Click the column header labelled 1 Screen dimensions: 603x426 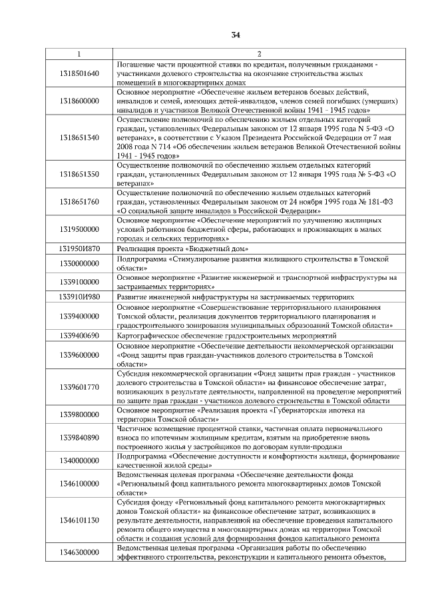pos(79,53)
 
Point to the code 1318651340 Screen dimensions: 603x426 pos(79,137)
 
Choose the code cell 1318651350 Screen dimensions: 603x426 pos(79,174)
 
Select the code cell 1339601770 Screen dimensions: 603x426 pos(79,386)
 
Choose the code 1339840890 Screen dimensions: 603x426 pos(79,437)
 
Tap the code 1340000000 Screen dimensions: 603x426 pos(79,460)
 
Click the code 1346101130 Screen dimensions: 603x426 pos(79,519)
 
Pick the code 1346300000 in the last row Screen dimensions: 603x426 pos(79,552)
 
